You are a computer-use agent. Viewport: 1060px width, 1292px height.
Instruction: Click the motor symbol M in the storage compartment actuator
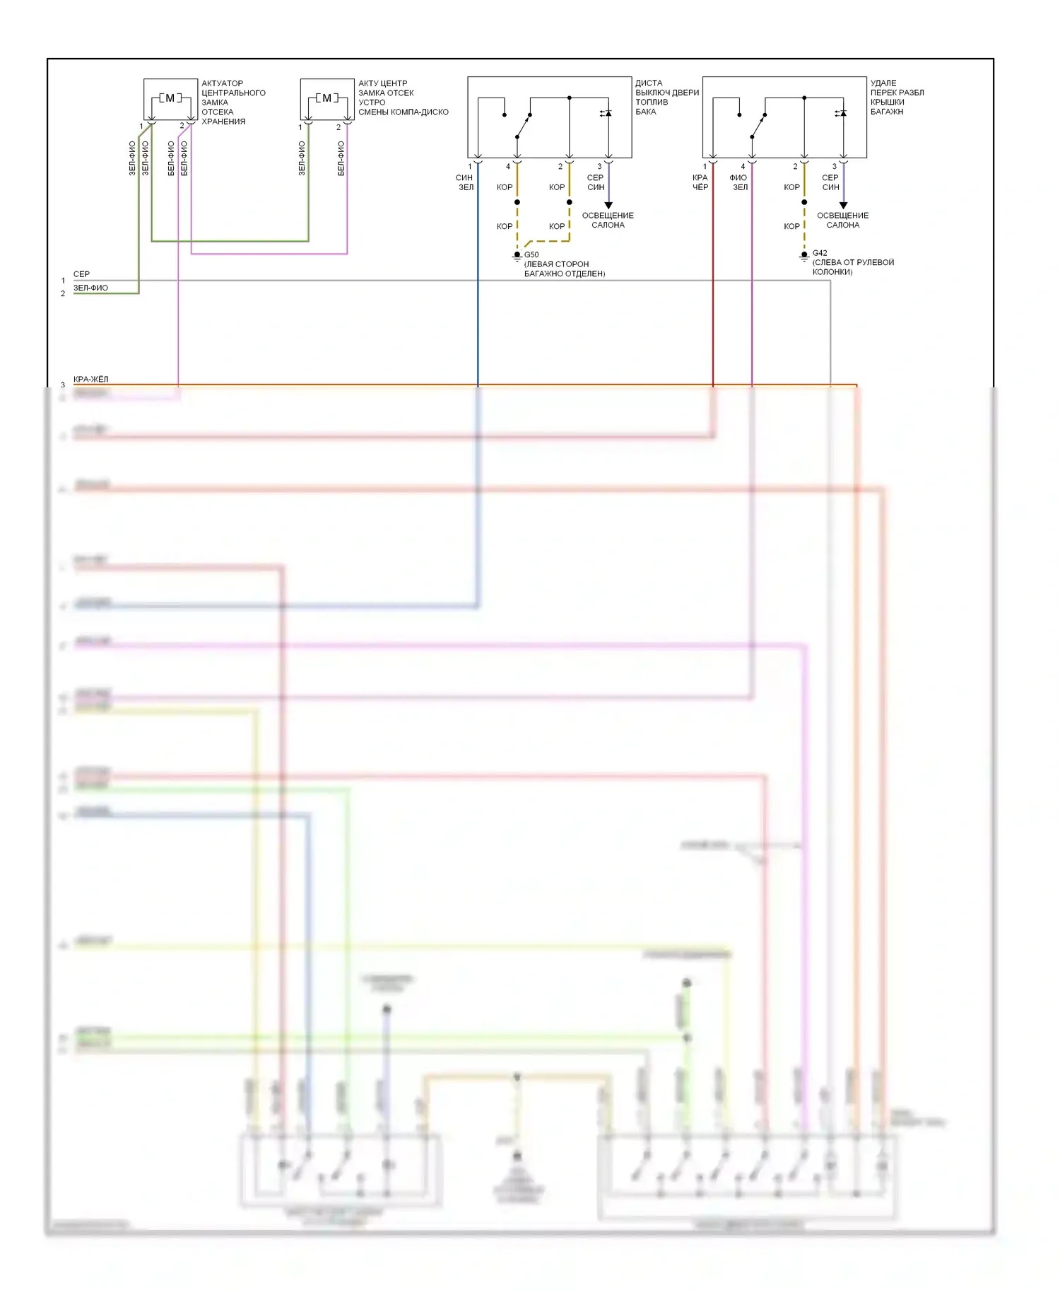[x=170, y=98]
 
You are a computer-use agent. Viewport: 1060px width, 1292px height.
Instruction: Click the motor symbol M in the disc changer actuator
[x=326, y=98]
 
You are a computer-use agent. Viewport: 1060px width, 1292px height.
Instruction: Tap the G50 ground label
[x=531, y=254]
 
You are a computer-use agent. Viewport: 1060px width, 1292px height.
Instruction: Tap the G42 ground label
[x=820, y=252]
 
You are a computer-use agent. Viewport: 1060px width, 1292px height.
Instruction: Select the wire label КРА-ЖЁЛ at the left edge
[x=91, y=380]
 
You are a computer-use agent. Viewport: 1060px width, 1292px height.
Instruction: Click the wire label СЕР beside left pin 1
[x=81, y=274]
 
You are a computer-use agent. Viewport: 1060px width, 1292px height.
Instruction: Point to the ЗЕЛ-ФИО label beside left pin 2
[x=90, y=288]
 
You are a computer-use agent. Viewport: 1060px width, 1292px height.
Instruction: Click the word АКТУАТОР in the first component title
[x=222, y=83]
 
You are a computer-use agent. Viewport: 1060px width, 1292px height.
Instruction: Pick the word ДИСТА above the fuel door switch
[x=649, y=83]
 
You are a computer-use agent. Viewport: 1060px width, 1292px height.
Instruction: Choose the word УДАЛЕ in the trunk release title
[x=883, y=83]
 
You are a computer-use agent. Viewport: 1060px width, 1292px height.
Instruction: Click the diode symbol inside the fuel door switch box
[x=607, y=113]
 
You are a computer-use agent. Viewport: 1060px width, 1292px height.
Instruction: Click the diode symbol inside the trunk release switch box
[x=842, y=113]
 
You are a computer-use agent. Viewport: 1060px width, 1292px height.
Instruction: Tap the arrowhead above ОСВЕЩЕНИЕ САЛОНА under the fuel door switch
[x=608, y=205]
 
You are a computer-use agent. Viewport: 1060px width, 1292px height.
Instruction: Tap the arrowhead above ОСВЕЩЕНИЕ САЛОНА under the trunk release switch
[x=843, y=205]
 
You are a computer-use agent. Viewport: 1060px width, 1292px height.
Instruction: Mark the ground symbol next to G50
[x=517, y=257]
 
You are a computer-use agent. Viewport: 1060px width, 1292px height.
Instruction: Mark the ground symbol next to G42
[x=804, y=257]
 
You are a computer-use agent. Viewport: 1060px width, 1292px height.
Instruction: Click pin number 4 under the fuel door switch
[x=507, y=167]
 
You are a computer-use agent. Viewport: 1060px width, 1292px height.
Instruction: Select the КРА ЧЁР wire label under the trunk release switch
[x=700, y=182]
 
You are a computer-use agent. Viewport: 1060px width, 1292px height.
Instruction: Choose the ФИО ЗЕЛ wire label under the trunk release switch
[x=738, y=182]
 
